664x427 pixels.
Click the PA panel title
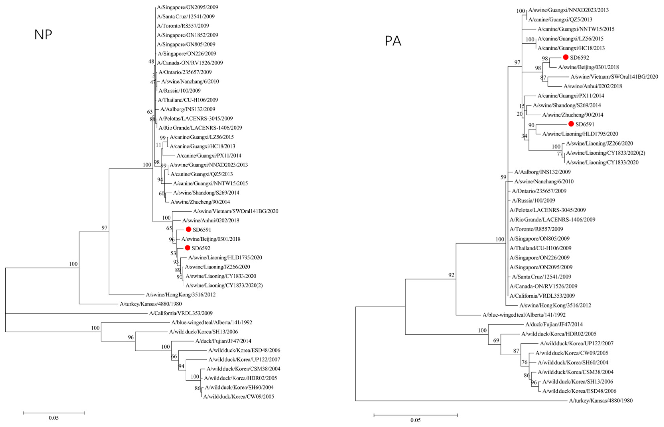click(x=393, y=41)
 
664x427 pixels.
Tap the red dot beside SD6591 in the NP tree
click(x=189, y=229)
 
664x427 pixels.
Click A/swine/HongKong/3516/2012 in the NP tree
click(x=181, y=295)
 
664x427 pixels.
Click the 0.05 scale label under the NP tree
click(x=54, y=418)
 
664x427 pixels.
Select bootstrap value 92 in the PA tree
click(x=451, y=275)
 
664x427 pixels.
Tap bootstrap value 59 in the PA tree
click(x=503, y=177)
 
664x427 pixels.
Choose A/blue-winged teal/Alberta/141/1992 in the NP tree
click(x=212, y=323)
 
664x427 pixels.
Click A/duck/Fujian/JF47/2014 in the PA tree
click(x=554, y=324)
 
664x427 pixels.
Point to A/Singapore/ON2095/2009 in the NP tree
click(x=187, y=7)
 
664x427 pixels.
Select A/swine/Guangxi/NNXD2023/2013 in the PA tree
click(x=568, y=10)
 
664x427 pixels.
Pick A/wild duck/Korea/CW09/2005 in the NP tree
click(x=239, y=397)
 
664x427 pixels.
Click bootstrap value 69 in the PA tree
click(x=496, y=340)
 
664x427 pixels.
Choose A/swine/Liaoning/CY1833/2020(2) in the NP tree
click(x=224, y=285)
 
